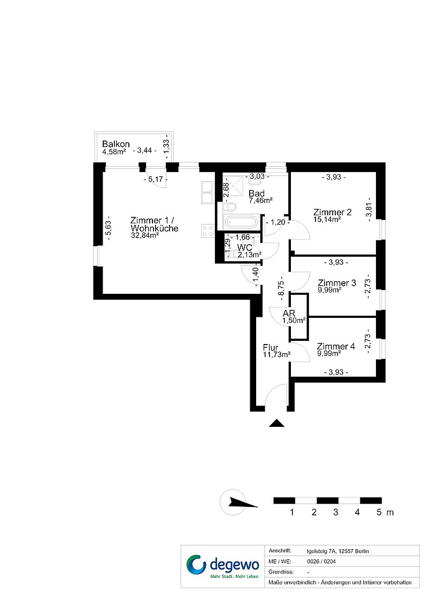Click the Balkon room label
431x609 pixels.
click(x=116, y=144)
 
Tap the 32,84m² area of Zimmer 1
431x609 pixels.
click(x=144, y=235)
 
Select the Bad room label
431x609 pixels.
click(x=257, y=193)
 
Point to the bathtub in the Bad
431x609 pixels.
click(x=241, y=223)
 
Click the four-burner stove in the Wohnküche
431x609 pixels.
click(x=207, y=231)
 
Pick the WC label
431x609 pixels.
click(x=244, y=247)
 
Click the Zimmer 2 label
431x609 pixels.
click(x=332, y=212)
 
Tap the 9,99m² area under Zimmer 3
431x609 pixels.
click(x=329, y=290)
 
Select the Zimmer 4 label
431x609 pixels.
click(x=336, y=346)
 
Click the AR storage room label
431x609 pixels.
click(x=289, y=314)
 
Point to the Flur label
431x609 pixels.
click(x=271, y=348)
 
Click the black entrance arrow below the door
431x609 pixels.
click(x=276, y=423)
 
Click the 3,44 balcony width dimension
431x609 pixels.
click(x=144, y=150)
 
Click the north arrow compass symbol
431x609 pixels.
click(x=237, y=503)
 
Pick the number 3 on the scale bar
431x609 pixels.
click(x=336, y=512)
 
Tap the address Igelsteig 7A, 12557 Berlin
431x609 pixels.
click(x=338, y=551)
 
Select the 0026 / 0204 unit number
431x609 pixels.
click(x=321, y=561)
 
